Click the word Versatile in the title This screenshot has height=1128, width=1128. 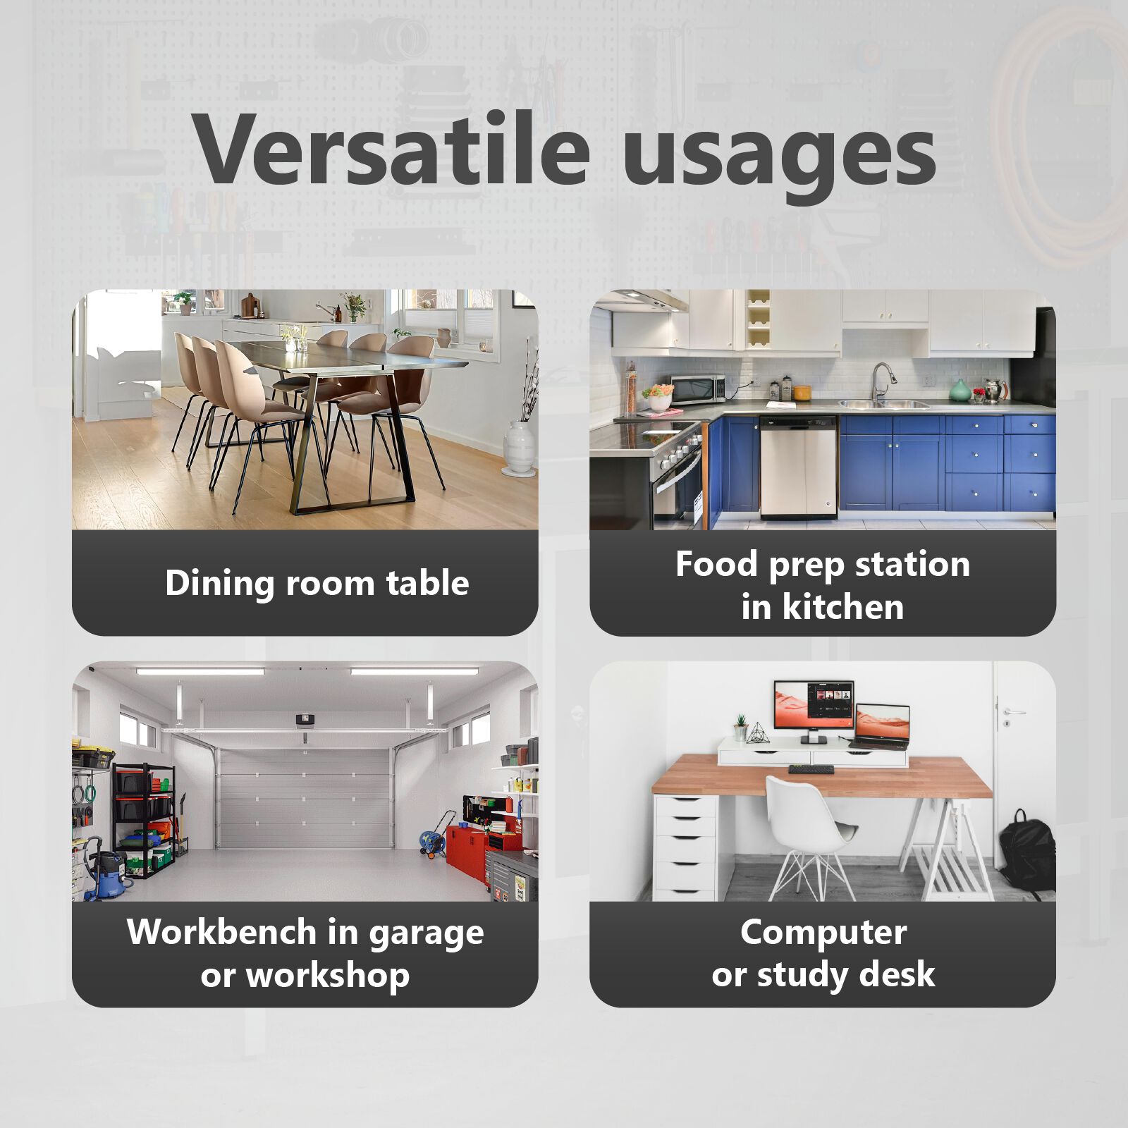click(x=391, y=149)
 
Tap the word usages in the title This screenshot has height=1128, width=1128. click(x=779, y=157)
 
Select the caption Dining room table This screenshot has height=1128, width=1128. click(x=317, y=583)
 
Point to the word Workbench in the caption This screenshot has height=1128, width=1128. click(x=221, y=932)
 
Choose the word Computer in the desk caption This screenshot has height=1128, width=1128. click(x=823, y=932)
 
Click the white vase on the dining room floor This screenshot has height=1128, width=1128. click(x=519, y=448)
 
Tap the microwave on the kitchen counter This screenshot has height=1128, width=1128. click(x=698, y=388)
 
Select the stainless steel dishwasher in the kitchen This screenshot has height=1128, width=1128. click(x=798, y=467)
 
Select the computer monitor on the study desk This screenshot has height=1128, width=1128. click(x=814, y=707)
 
